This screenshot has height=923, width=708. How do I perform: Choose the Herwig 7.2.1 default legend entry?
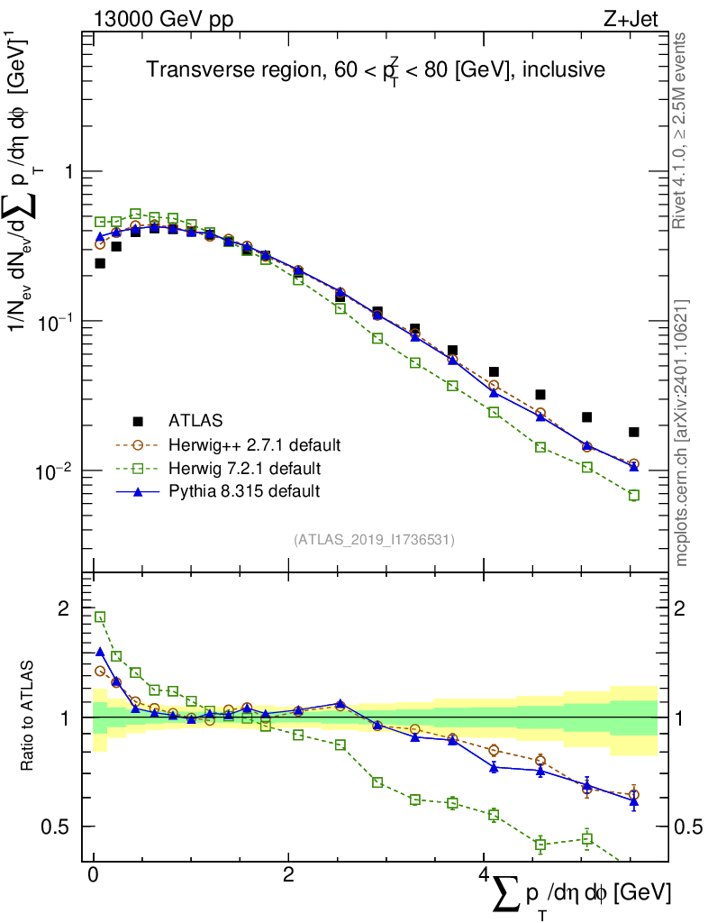tap(246, 469)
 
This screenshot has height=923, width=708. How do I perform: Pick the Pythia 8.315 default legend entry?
tap(244, 492)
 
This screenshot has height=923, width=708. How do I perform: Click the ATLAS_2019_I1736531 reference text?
tap(374, 540)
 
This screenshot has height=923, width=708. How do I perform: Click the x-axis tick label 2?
tap(288, 875)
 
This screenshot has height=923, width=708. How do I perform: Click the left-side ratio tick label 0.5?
tap(60, 827)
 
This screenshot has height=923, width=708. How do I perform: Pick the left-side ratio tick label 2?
tap(66, 608)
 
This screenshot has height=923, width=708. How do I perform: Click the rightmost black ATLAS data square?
tap(634, 432)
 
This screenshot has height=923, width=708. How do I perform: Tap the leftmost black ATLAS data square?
tap(100, 263)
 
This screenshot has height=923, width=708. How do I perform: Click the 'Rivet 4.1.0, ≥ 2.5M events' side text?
tap(682, 131)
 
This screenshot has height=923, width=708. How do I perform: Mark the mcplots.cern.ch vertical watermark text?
tap(682, 433)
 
